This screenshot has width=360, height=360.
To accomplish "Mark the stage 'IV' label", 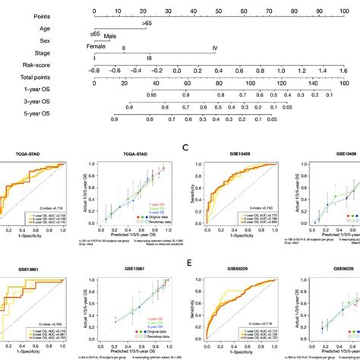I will pos(214,49).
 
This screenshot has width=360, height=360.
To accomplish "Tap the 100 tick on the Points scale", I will pos(343,11).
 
